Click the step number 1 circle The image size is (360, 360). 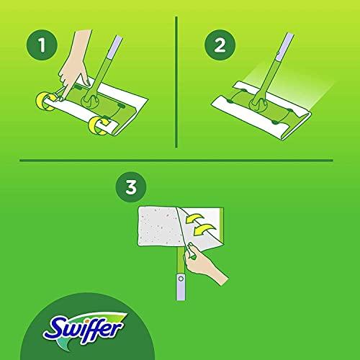point(42,45)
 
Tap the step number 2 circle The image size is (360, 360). point(220,45)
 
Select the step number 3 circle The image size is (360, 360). point(131,187)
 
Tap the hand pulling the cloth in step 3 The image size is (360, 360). point(204,264)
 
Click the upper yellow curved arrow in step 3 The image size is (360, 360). point(195,218)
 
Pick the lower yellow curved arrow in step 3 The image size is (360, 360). point(204,230)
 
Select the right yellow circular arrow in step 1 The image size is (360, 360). point(99,125)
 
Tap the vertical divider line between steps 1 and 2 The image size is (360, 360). point(176,82)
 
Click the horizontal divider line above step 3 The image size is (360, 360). point(176,160)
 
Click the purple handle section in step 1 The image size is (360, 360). point(113,48)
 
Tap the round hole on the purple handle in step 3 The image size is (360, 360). point(181,279)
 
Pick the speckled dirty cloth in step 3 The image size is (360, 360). point(160,226)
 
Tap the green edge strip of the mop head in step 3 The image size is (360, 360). point(222,225)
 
